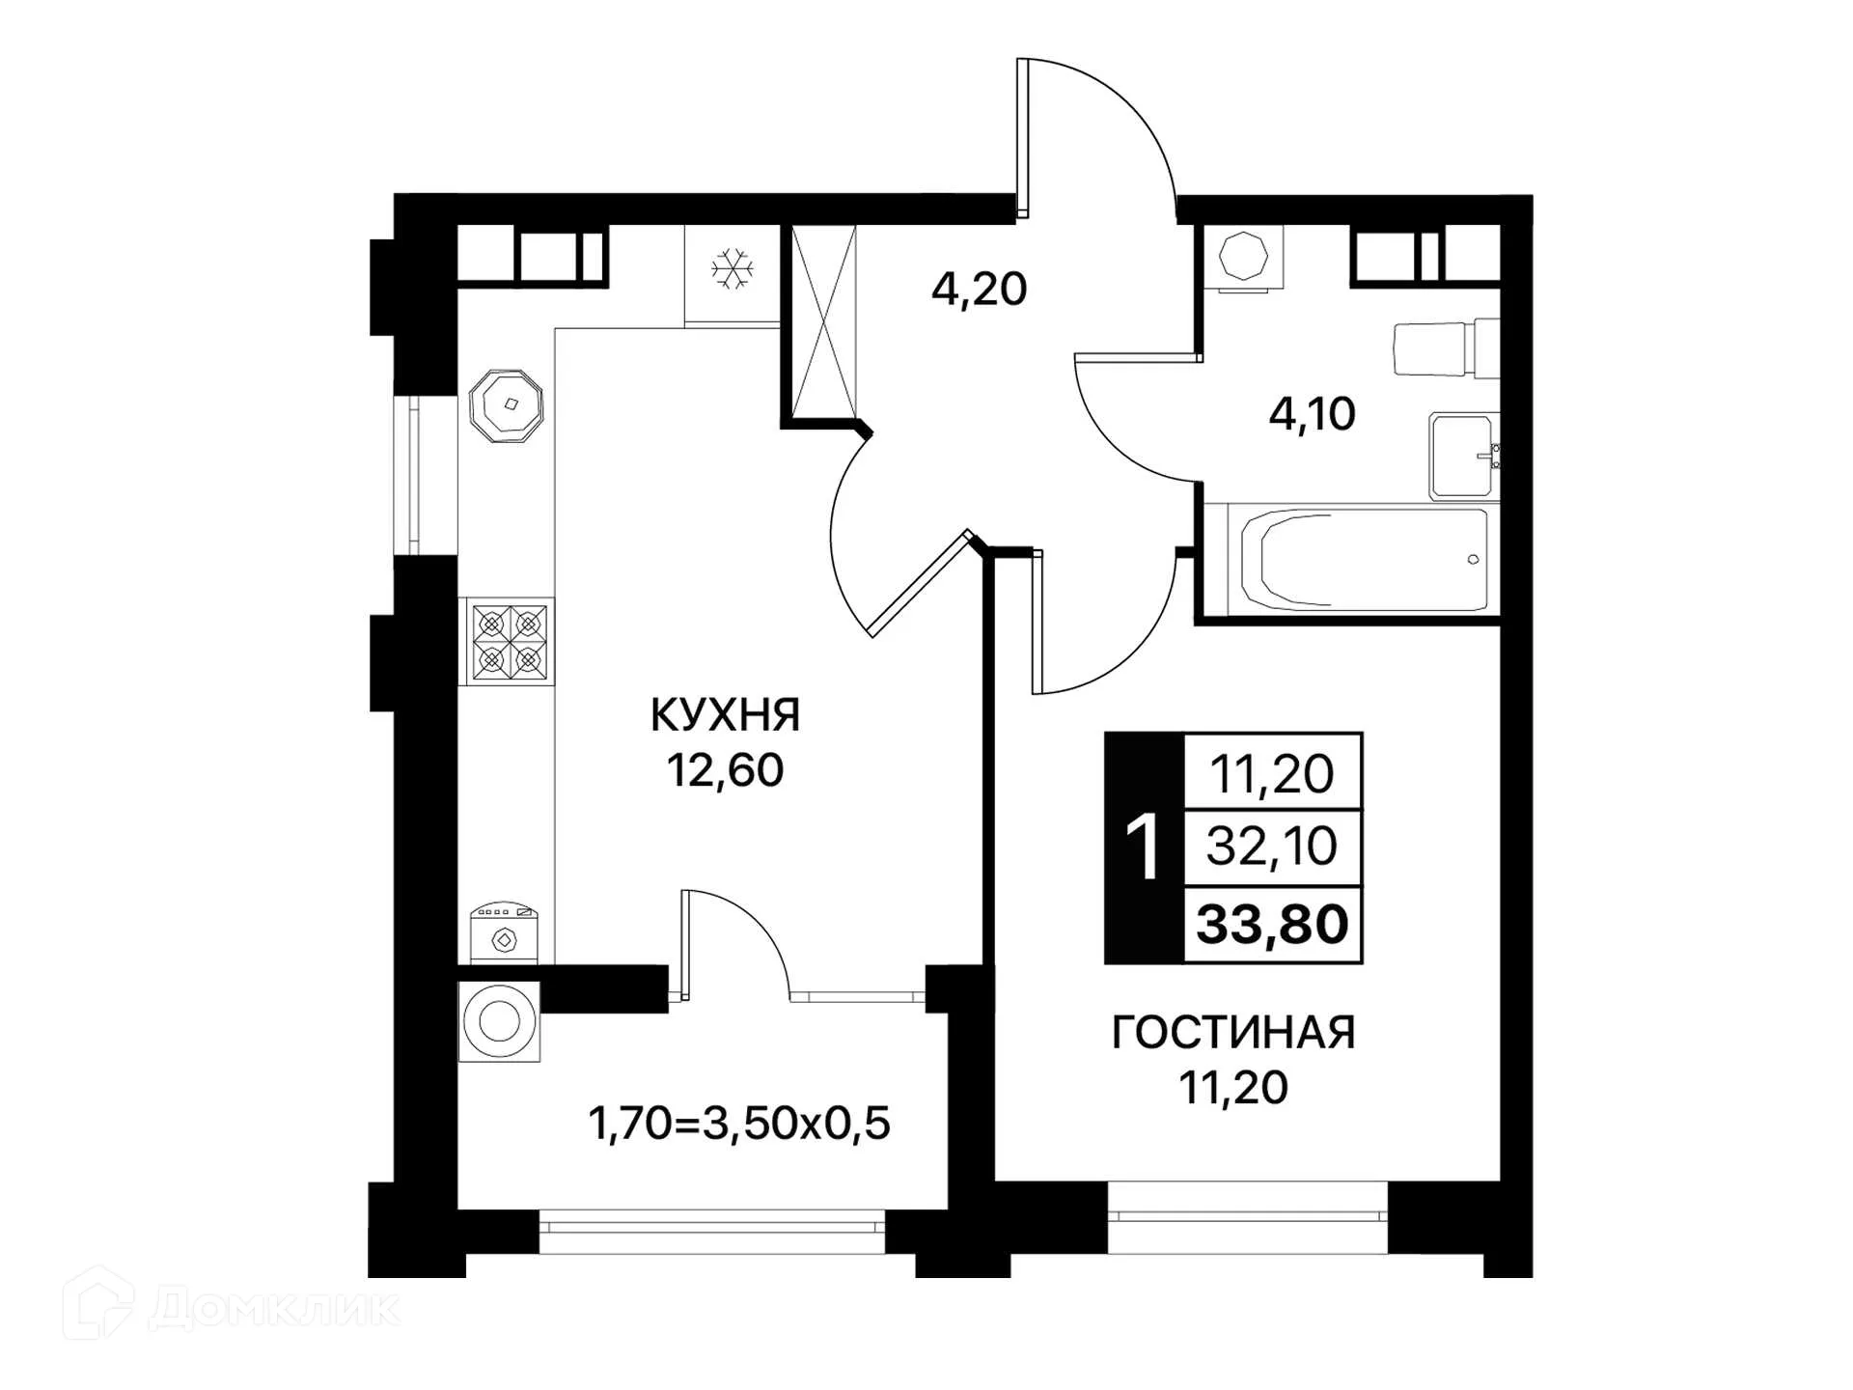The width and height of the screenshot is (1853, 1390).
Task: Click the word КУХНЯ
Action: [725, 716]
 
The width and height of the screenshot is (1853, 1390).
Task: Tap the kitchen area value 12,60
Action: [725, 770]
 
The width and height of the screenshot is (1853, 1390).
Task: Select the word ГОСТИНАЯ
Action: [1233, 1033]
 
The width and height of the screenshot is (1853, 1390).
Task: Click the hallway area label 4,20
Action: [979, 289]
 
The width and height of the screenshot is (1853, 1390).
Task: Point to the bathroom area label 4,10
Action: [1312, 414]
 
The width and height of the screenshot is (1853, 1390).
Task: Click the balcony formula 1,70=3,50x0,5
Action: [738, 1124]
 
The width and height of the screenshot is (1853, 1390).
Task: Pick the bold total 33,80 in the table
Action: [1272, 925]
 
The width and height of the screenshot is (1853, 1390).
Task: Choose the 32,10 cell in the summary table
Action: [1272, 847]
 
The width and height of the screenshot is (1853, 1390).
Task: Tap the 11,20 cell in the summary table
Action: [1272, 773]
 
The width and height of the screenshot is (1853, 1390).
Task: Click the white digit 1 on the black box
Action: [1145, 848]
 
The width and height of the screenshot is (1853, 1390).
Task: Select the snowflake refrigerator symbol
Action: [733, 268]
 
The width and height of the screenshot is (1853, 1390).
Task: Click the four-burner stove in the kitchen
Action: [509, 641]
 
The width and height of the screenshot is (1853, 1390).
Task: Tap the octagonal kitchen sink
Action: [506, 405]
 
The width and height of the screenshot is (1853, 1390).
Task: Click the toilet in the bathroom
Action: [1444, 348]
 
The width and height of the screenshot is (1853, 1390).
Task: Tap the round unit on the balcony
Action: [499, 1021]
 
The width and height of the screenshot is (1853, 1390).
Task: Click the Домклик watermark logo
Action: [232, 1308]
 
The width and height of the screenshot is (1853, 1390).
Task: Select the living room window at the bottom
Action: [1247, 1216]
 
